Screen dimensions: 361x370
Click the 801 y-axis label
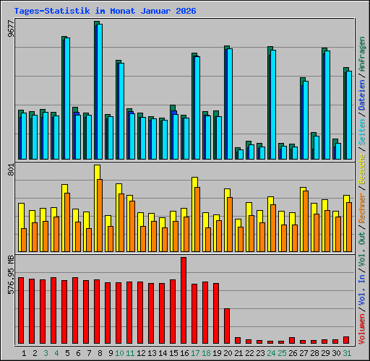click(10, 170)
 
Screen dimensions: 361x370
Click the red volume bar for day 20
click(227, 326)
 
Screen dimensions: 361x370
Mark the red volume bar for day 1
click(21, 310)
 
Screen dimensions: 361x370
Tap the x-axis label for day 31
click(347, 353)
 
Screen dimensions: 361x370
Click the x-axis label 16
click(184, 353)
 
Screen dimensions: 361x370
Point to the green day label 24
click(270, 353)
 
